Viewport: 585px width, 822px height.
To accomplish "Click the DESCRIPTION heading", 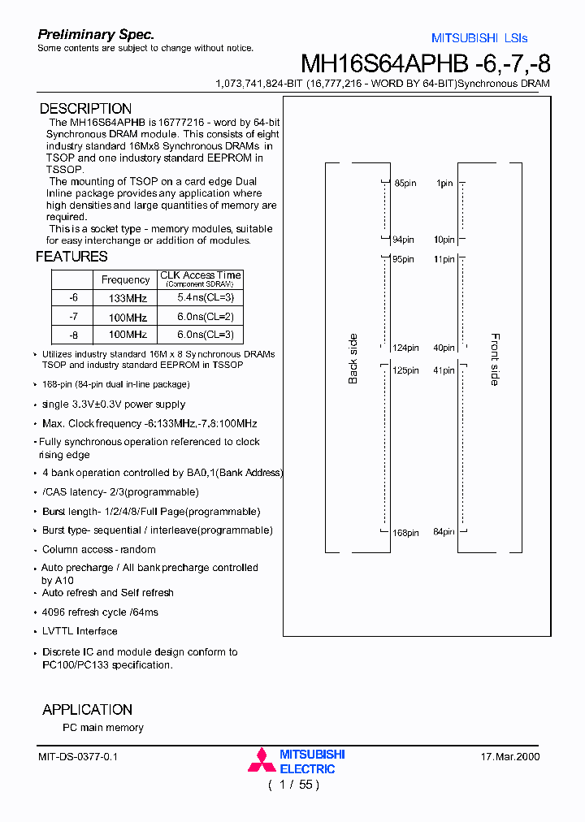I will [x=85, y=109].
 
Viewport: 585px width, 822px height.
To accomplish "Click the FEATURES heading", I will [x=71, y=257].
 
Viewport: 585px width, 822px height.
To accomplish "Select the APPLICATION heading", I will [x=87, y=710].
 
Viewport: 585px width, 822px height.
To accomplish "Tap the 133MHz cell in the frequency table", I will [x=128, y=299].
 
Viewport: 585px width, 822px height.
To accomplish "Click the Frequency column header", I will [x=125, y=280].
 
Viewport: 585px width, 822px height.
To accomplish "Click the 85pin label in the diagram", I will [x=405, y=184].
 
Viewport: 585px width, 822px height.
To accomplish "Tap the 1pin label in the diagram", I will [x=444, y=184].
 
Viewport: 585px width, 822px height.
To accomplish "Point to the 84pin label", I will [x=444, y=533].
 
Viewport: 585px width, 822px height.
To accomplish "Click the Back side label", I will [x=353, y=359].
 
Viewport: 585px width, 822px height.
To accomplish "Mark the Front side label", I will [x=495, y=359].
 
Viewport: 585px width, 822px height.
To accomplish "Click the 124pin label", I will [x=404, y=348].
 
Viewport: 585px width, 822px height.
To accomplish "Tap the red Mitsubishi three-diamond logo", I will [x=262, y=759].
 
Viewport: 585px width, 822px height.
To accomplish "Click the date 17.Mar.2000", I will [x=510, y=757].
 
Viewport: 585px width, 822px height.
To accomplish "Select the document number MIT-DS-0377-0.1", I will [x=78, y=757].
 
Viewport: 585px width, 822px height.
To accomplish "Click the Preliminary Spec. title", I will [x=96, y=35].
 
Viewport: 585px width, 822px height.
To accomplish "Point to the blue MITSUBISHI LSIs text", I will [x=479, y=38].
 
